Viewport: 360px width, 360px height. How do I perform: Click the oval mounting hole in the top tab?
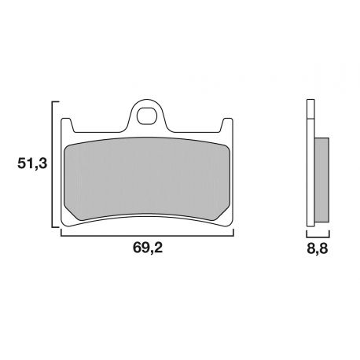click(148, 119)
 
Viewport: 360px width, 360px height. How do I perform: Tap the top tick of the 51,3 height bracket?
click(57, 102)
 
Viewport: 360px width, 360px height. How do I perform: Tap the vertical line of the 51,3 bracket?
click(53, 165)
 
